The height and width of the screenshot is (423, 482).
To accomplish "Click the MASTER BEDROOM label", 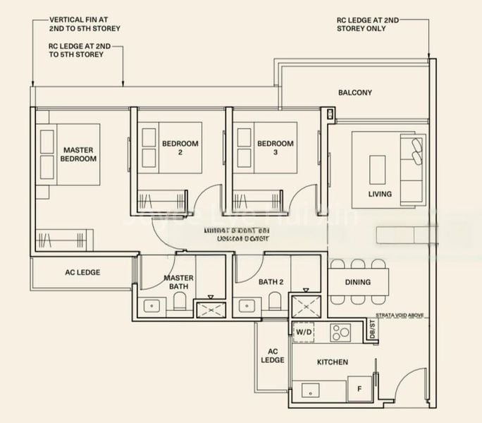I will pos(79,154).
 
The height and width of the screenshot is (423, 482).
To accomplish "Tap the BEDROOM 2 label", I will pos(180,147).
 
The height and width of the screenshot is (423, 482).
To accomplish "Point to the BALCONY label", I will pos(354,93).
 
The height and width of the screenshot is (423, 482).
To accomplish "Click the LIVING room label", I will pos(380,194).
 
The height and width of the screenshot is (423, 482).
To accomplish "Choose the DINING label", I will pos(357,283).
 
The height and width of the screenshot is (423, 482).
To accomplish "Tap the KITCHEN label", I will pos(332,362).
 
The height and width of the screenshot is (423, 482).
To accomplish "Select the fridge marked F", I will pos(360,388).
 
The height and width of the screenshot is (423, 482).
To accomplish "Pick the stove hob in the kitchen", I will pos(342,331).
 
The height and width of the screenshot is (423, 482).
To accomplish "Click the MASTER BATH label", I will pos(178,282).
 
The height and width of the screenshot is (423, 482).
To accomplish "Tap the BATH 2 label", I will pos(271,282).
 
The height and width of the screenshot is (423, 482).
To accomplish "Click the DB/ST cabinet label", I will pos(372,329).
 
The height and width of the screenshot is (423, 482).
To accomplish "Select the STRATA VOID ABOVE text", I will pos(398,316).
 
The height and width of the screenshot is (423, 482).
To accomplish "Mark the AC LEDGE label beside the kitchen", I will pos(273,355).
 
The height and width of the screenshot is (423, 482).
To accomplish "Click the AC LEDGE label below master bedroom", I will pos(82,272).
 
